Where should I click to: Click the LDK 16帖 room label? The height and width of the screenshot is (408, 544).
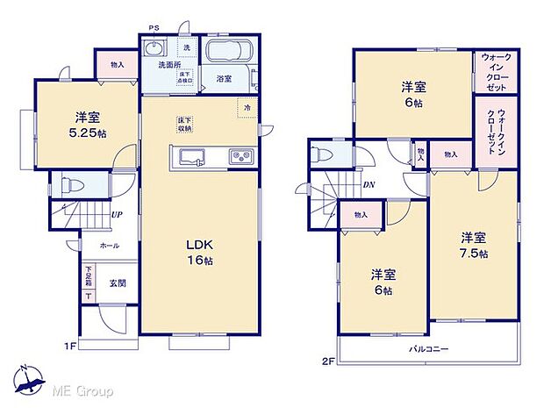(x=200, y=251)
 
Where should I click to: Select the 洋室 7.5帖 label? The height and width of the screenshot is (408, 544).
(x=474, y=245)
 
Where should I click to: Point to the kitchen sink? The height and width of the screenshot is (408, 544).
(x=192, y=157)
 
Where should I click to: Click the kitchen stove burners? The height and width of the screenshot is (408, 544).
(x=240, y=157)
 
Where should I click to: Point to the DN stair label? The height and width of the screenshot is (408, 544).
(x=369, y=185)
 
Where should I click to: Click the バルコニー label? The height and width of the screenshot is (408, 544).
(x=429, y=349)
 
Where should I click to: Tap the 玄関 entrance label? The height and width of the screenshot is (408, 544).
(x=118, y=283)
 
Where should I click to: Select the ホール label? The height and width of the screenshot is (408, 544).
(x=109, y=246)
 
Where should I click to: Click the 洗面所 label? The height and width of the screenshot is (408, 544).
(x=169, y=65)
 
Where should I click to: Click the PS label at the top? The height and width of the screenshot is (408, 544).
(x=154, y=28)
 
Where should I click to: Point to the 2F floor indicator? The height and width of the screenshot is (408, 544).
(x=328, y=360)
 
